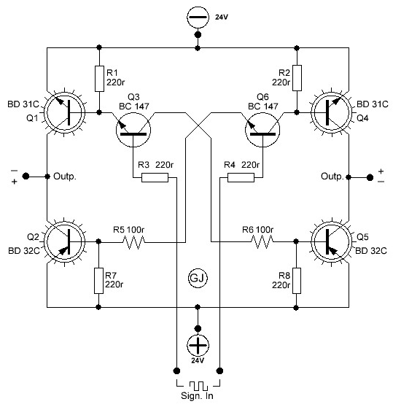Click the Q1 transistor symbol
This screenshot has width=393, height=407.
[65, 112]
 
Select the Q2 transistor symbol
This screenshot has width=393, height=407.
[65, 241]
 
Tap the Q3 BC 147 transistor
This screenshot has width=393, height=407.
[133, 130]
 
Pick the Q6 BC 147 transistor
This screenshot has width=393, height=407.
[262, 130]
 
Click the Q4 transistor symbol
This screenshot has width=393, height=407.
[332, 112]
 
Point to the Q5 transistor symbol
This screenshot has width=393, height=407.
[332, 241]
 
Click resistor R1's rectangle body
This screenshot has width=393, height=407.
[99, 79]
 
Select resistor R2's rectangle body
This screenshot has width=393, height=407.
[297, 78]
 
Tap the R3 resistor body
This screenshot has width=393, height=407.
[155, 178]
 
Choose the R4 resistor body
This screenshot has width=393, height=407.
[241, 178]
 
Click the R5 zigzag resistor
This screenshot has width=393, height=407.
[133, 242]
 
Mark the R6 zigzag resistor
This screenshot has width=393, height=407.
[262, 242]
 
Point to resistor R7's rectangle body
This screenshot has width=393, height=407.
[98, 281]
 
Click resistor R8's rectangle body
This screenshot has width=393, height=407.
[297, 281]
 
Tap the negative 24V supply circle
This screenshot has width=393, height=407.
[198, 17]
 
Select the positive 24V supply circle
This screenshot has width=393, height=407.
[198, 346]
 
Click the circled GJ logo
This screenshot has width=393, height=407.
[198, 278]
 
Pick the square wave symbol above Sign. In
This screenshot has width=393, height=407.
[198, 386]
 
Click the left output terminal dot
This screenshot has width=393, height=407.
[26, 177]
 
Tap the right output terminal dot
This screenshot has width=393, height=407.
[370, 177]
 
